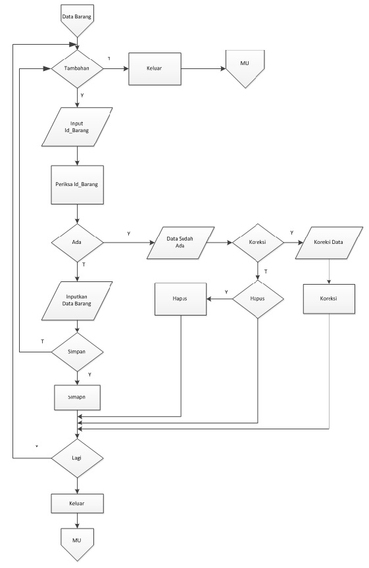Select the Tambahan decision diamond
pyautogui.click(x=78, y=68)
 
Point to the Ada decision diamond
pyautogui.click(x=78, y=243)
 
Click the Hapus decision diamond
pyautogui.click(x=258, y=299)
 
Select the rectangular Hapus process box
pyautogui.click(x=180, y=300)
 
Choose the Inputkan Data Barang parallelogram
pyautogui.click(x=78, y=299)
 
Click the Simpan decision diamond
pyautogui.click(x=78, y=352)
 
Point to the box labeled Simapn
pyautogui.click(x=78, y=397)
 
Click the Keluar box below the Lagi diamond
pyautogui.click(x=78, y=504)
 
